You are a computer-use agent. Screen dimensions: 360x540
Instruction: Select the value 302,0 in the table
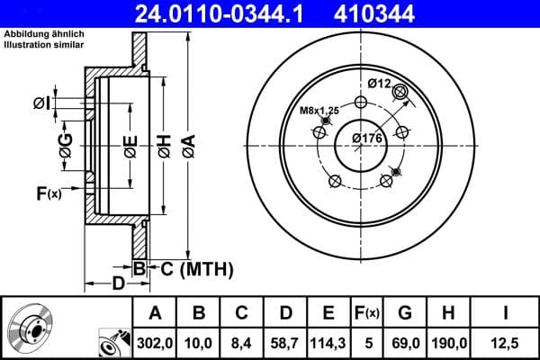click(155, 342)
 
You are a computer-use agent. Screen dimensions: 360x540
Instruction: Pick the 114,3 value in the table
click(328, 342)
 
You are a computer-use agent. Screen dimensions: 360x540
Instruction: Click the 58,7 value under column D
click(285, 342)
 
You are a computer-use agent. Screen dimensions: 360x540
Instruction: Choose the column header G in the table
click(405, 313)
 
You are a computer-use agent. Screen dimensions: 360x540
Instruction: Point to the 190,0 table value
click(449, 342)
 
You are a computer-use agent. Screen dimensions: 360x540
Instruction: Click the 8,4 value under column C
click(242, 342)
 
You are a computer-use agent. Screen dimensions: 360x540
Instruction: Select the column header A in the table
click(155, 313)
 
